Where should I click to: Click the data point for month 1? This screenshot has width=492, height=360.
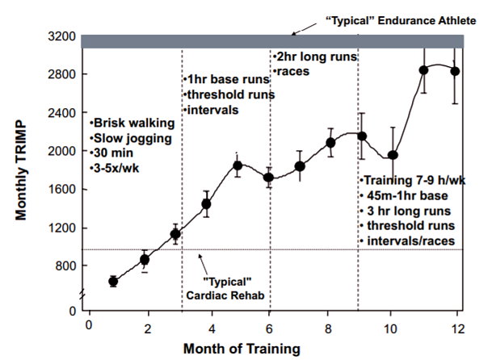pyautogui.click(x=113, y=282)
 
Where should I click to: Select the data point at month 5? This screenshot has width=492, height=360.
pyautogui.click(x=238, y=165)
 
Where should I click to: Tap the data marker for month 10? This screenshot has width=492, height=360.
pyautogui.click(x=393, y=155)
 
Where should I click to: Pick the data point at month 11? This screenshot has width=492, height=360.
pyautogui.click(x=423, y=70)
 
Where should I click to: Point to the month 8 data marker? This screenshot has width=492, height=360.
pyautogui.click(x=330, y=143)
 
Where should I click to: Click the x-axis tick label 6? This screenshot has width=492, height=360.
pyautogui.click(x=269, y=329)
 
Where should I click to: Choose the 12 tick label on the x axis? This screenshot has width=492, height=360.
pyautogui.click(x=457, y=329)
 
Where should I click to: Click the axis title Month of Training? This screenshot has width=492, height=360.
pyautogui.click(x=242, y=349)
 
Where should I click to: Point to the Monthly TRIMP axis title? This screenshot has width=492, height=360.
pyautogui.click(x=21, y=170)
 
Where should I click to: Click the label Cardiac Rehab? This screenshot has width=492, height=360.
pyautogui.click(x=225, y=295)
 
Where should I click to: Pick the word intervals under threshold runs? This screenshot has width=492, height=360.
pyautogui.click(x=212, y=110)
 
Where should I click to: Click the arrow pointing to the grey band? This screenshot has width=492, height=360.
pyautogui.click(x=305, y=28)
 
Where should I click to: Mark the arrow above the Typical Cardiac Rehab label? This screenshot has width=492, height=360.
pyautogui.click(x=203, y=266)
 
